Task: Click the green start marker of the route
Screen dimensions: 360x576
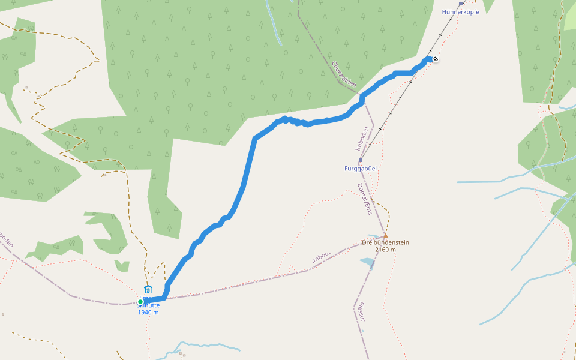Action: tap(140, 302)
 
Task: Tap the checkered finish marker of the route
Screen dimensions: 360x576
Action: tap(435, 59)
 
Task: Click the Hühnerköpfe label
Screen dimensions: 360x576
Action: tap(460, 12)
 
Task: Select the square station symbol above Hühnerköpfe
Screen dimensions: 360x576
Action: tap(461, 4)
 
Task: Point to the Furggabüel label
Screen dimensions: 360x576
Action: tap(360, 169)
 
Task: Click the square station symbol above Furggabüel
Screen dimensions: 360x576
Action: tap(360, 160)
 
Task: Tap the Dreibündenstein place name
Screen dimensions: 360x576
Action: tap(385, 242)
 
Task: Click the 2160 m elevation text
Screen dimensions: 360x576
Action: tap(385, 250)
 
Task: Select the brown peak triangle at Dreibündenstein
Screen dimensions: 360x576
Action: tap(385, 236)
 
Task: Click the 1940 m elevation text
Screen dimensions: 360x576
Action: tap(148, 312)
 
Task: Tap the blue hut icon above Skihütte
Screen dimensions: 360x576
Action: tap(148, 289)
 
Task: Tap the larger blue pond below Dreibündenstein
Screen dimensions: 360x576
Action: tap(365, 262)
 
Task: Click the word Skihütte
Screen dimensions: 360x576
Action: tap(148, 305)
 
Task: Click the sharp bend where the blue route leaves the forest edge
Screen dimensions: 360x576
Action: tap(255, 139)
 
